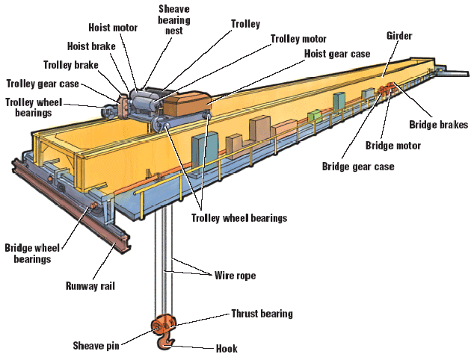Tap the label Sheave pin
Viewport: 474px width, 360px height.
(99, 346)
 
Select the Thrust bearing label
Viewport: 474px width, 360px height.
(262, 314)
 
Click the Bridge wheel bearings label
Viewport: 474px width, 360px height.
(28, 254)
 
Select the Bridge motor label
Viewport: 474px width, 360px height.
(393, 146)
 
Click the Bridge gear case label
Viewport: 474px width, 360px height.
(357, 166)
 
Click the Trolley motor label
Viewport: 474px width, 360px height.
(298, 38)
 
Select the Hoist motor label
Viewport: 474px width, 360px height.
(114, 28)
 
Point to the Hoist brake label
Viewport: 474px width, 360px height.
(90, 46)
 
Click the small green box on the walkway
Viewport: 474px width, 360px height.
(316, 116)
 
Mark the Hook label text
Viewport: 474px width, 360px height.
(226, 348)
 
